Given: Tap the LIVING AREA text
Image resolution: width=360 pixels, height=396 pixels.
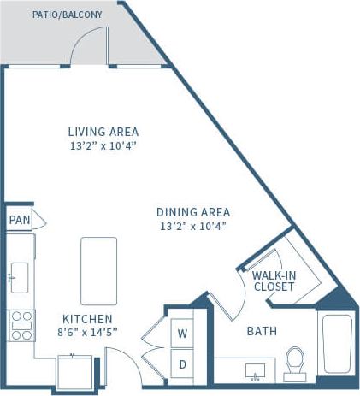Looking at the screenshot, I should [103, 132].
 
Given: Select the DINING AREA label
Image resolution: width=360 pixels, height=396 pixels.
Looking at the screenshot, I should [193, 212].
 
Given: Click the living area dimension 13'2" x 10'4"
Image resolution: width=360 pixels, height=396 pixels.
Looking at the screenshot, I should [103, 146].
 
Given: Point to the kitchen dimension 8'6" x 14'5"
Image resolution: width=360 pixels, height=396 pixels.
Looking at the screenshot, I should [87, 332].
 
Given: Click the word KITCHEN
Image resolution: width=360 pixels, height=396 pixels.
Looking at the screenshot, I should [87, 318].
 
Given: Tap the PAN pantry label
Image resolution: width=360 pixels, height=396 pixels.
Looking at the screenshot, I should [19, 220].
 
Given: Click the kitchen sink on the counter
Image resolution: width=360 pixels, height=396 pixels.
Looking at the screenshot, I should [19, 277].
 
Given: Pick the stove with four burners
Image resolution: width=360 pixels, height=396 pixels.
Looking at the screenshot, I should [20, 325].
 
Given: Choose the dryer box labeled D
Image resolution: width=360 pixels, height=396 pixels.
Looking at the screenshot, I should [182, 363].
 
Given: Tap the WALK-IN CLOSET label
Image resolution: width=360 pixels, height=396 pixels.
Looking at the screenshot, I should [274, 281].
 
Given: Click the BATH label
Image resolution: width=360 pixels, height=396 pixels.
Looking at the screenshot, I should [261, 332].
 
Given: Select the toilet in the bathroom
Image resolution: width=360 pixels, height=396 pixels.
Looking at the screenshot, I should [295, 361].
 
